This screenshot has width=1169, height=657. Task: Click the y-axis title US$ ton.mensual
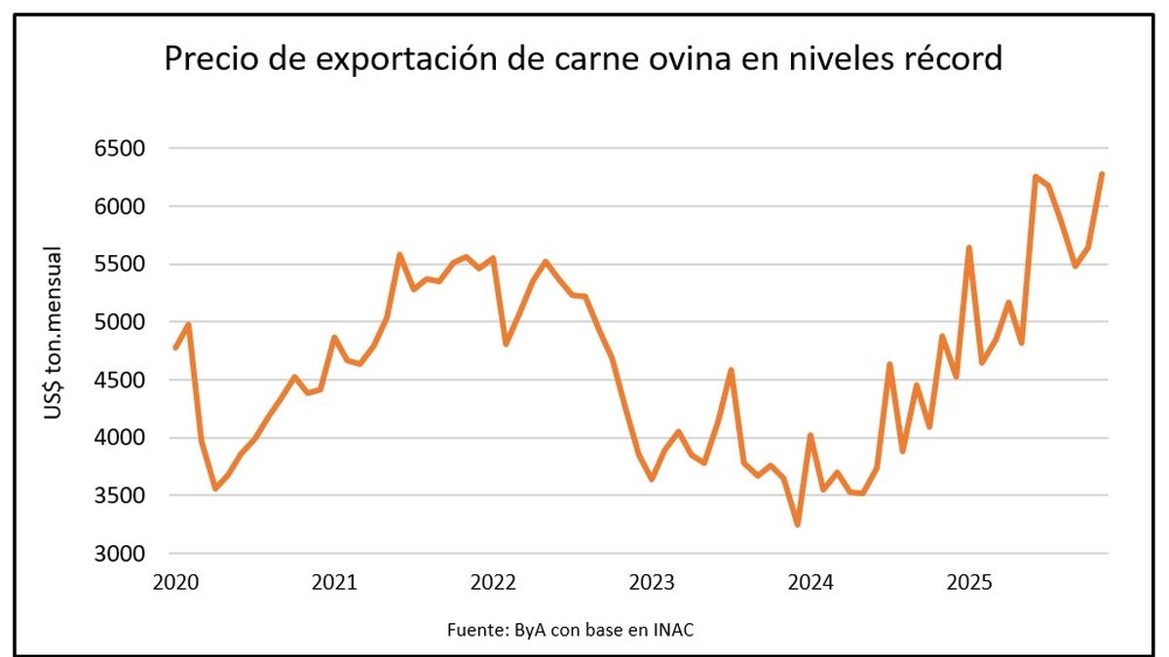(53, 334)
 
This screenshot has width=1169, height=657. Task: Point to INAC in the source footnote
(674, 630)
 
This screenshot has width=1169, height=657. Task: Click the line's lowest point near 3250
(798, 525)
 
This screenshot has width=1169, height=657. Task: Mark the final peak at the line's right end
(1102, 174)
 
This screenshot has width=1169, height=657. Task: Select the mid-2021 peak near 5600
(400, 255)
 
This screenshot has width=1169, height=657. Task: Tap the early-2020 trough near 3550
(214, 489)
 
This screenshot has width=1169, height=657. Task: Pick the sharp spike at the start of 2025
(969, 247)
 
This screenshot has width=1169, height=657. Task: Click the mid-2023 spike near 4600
(731, 370)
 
